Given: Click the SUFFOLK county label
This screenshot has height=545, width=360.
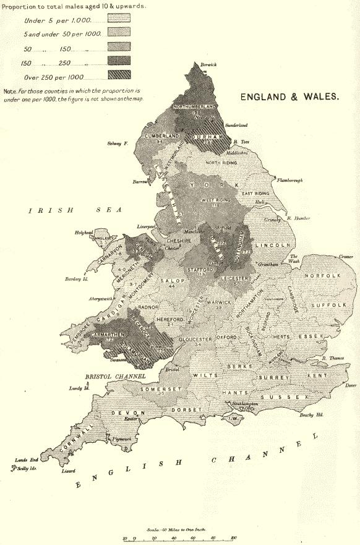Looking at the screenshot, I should (325, 305).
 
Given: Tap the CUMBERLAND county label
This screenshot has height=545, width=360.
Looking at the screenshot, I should (161, 135).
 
